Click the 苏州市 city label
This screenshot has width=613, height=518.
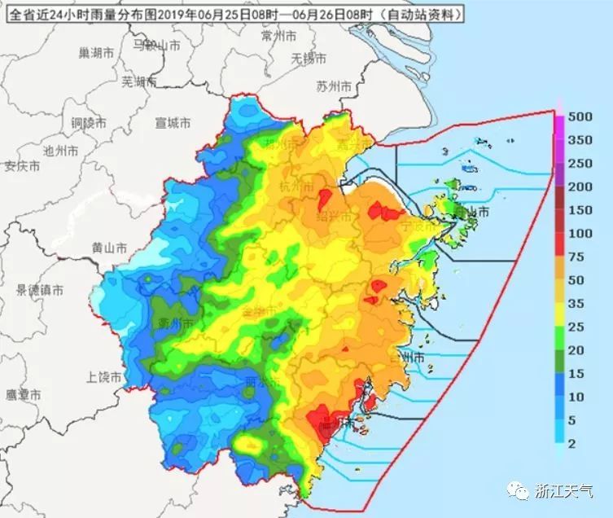pyautogui.click(x=334, y=86)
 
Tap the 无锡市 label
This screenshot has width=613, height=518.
pyautogui.click(x=309, y=59)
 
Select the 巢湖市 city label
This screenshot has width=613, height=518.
pyautogui.click(x=96, y=53)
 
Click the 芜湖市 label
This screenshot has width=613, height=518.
pyautogui.click(x=138, y=81)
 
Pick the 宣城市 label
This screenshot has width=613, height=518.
pyautogui.click(x=173, y=123)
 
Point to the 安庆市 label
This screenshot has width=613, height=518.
pyautogui.click(x=22, y=166)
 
